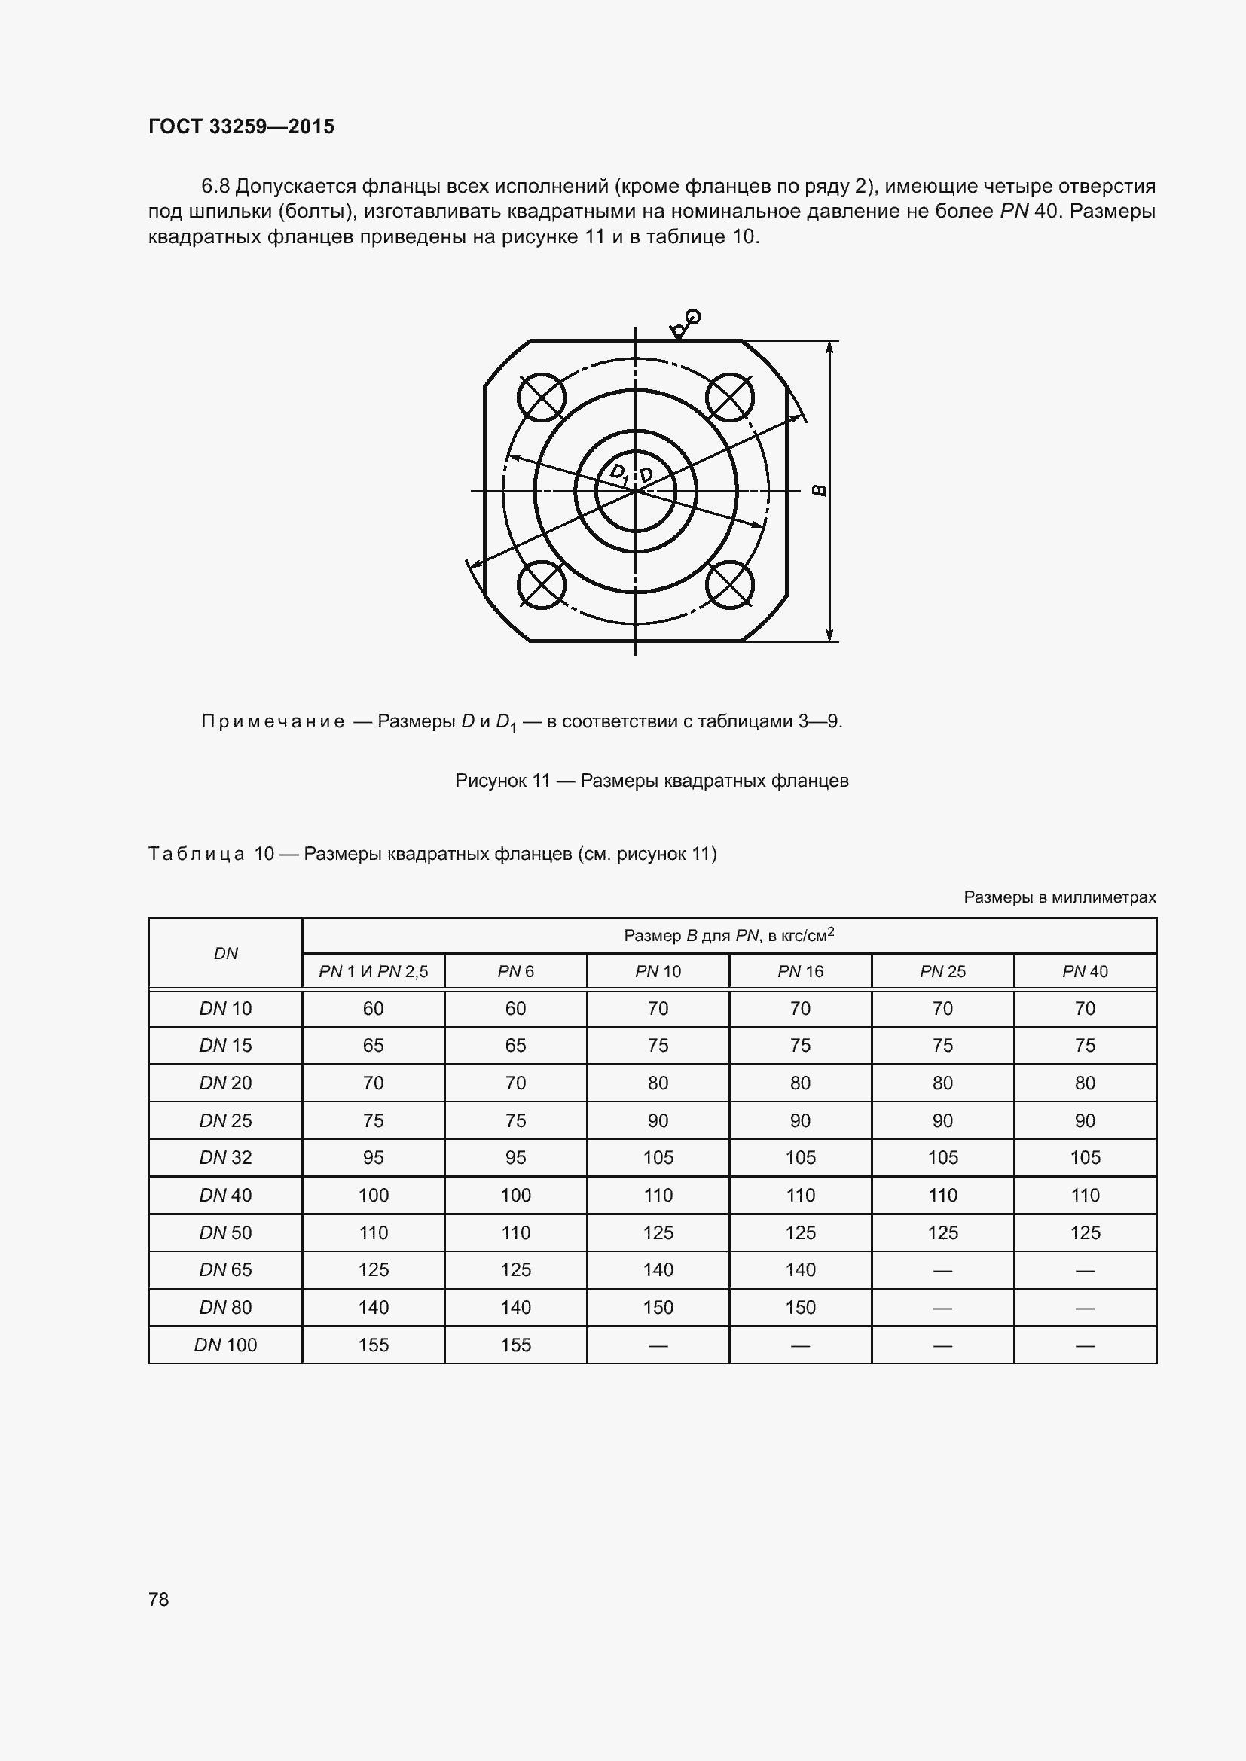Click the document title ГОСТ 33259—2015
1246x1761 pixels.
pyautogui.click(x=241, y=126)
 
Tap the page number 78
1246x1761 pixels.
pyautogui.click(x=159, y=1599)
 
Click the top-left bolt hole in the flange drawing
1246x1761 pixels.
pyautogui.click(x=541, y=397)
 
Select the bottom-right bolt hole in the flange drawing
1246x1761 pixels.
pyautogui.click(x=730, y=584)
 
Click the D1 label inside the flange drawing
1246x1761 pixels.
pyautogui.click(x=618, y=474)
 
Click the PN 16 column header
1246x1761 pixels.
pyautogui.click(x=799, y=971)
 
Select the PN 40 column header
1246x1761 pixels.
pyautogui.click(x=1084, y=971)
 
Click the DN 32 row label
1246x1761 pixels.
pyautogui.click(x=225, y=1157)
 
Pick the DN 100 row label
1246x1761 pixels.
pyautogui.click(x=225, y=1345)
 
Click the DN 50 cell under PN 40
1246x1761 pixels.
pyautogui.click(x=1084, y=1232)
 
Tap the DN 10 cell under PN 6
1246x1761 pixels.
pyautogui.click(x=515, y=1009)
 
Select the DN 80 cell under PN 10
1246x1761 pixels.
pyautogui.click(x=658, y=1307)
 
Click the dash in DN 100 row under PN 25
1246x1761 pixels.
pyautogui.click(x=942, y=1345)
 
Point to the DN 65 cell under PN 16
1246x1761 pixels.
pyautogui.click(x=799, y=1269)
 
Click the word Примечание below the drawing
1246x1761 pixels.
pyautogui.click(x=273, y=721)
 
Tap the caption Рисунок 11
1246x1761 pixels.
pyautogui.click(x=502, y=781)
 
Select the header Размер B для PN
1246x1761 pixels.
pyautogui.click(x=728, y=935)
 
